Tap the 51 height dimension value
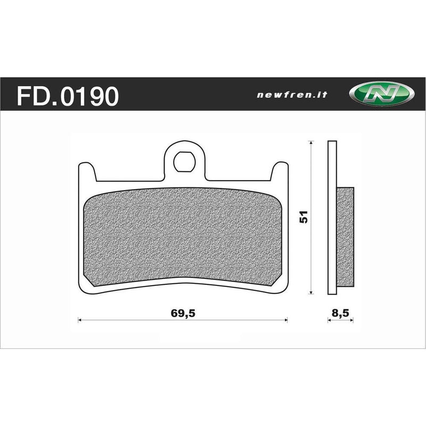pyautogui.click(x=304, y=217)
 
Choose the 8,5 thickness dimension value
pyautogui.click(x=339, y=314)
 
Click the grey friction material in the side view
pyautogui.click(x=345, y=234)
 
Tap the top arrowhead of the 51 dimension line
pyautogui.click(x=311, y=143)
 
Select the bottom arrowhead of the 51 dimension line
pyautogui.click(x=311, y=292)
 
